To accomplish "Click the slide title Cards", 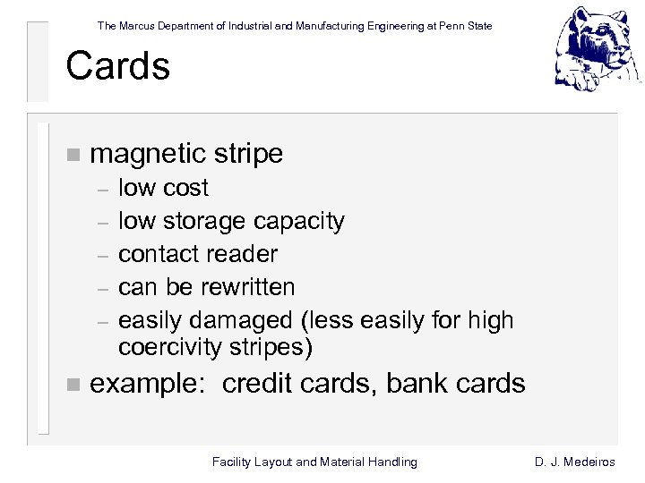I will coord(117,67).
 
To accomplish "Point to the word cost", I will coord(185,188).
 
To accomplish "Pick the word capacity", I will coord(299,221).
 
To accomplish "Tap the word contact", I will coord(159,254).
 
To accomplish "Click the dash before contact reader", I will coord(103,255).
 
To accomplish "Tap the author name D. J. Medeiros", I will coord(574,462).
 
